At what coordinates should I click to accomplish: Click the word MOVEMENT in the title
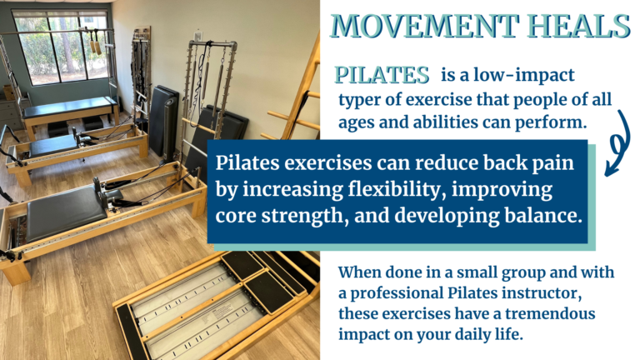[424, 26]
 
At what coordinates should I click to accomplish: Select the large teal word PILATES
[382, 75]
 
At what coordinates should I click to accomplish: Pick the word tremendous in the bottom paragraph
[550, 313]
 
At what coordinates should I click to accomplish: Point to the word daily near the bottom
[472, 335]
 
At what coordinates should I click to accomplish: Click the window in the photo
[61, 46]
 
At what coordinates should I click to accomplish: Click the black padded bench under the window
[70, 107]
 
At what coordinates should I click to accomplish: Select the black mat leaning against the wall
[163, 120]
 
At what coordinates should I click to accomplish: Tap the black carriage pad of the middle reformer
[65, 212]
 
